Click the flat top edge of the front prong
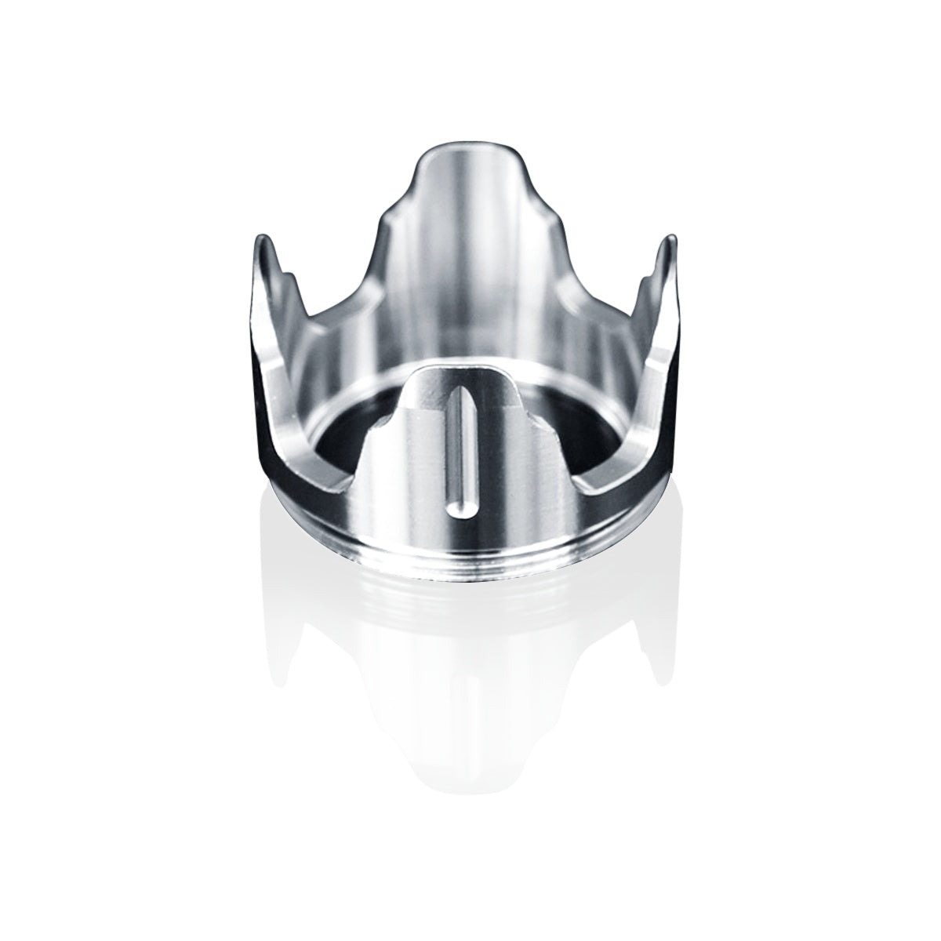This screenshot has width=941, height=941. pyautogui.click(x=463, y=368)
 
